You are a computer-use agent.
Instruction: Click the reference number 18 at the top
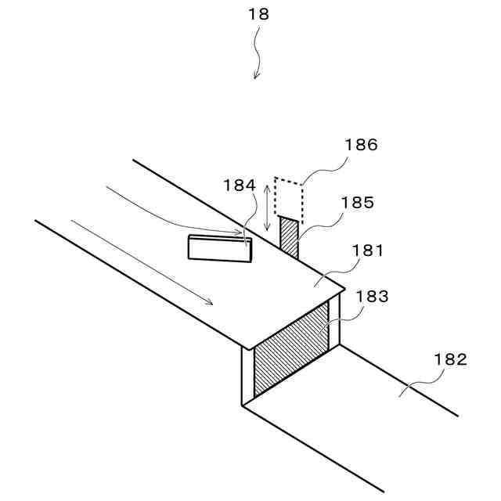click(x=258, y=14)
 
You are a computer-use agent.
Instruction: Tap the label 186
click(x=361, y=145)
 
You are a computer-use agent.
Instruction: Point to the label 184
click(x=239, y=186)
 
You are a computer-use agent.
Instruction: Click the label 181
click(x=368, y=251)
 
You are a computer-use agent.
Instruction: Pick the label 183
click(x=372, y=297)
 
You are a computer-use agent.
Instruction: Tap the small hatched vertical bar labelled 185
click(x=289, y=238)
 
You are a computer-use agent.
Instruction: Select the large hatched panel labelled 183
click(x=290, y=351)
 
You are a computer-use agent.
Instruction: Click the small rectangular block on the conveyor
click(x=220, y=247)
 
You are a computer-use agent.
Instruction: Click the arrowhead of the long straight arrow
click(x=207, y=301)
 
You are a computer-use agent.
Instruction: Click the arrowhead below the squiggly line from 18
click(x=256, y=75)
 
